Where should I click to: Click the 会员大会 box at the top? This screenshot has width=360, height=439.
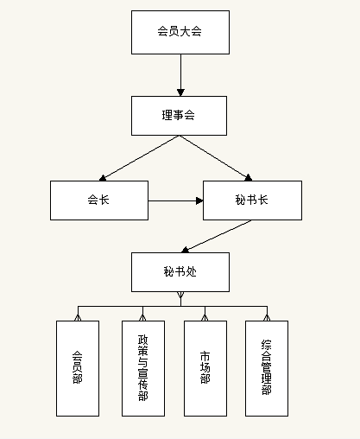(180, 32)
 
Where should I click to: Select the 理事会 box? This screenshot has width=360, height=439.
(179, 116)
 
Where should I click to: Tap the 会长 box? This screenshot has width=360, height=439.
(99, 200)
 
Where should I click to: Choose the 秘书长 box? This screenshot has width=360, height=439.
(252, 200)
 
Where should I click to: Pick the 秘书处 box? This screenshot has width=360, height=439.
(180, 272)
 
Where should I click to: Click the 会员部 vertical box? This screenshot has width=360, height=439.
(78, 368)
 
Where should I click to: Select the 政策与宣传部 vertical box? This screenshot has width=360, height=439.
(143, 368)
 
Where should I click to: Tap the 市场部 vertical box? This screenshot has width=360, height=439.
(205, 368)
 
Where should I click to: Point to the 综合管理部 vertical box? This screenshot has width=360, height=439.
(267, 368)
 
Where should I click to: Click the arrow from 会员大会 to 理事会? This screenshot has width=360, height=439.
(180, 75)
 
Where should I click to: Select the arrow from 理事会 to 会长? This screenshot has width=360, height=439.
(139, 158)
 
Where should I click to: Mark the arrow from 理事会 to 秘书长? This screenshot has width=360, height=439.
(216, 158)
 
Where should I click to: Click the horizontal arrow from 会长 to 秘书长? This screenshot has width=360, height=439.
(175, 200)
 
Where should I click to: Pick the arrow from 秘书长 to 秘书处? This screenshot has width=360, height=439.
(216, 237)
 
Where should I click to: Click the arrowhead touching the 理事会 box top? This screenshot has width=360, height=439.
(180, 92)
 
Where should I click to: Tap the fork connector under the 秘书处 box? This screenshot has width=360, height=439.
(180, 299)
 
